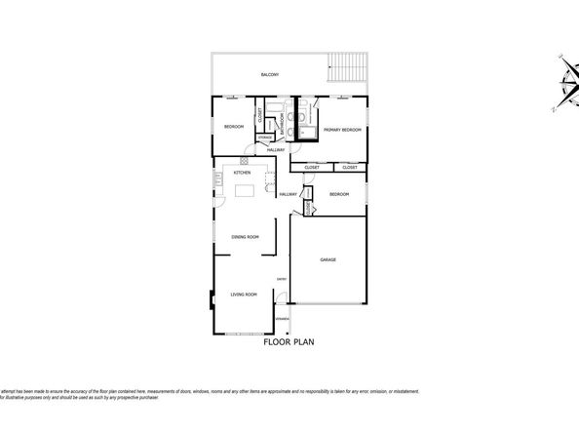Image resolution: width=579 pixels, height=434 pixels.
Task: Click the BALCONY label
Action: click(x=270, y=75)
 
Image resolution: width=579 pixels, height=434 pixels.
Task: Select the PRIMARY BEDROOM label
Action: click(x=342, y=130)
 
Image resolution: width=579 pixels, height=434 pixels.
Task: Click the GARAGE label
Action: click(x=329, y=259)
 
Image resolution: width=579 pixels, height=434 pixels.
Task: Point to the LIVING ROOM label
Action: click(x=243, y=294)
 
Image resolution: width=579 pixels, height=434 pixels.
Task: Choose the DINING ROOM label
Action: click(x=245, y=237)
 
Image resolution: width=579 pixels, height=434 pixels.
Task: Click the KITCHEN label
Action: click(x=242, y=173)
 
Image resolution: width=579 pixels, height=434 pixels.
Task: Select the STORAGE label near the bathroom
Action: click(x=265, y=138)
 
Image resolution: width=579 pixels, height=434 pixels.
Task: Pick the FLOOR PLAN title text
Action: click(x=289, y=343)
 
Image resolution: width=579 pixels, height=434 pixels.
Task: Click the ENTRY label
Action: click(x=281, y=280)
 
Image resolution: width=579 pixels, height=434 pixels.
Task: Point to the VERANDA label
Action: click(x=282, y=319)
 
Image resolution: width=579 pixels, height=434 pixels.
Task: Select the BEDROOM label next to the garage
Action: click(x=338, y=194)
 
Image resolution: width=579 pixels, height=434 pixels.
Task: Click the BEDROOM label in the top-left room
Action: click(x=234, y=128)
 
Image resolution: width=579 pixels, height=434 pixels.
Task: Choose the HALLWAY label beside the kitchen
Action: click(x=288, y=194)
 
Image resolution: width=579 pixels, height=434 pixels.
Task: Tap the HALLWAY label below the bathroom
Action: click(x=276, y=149)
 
